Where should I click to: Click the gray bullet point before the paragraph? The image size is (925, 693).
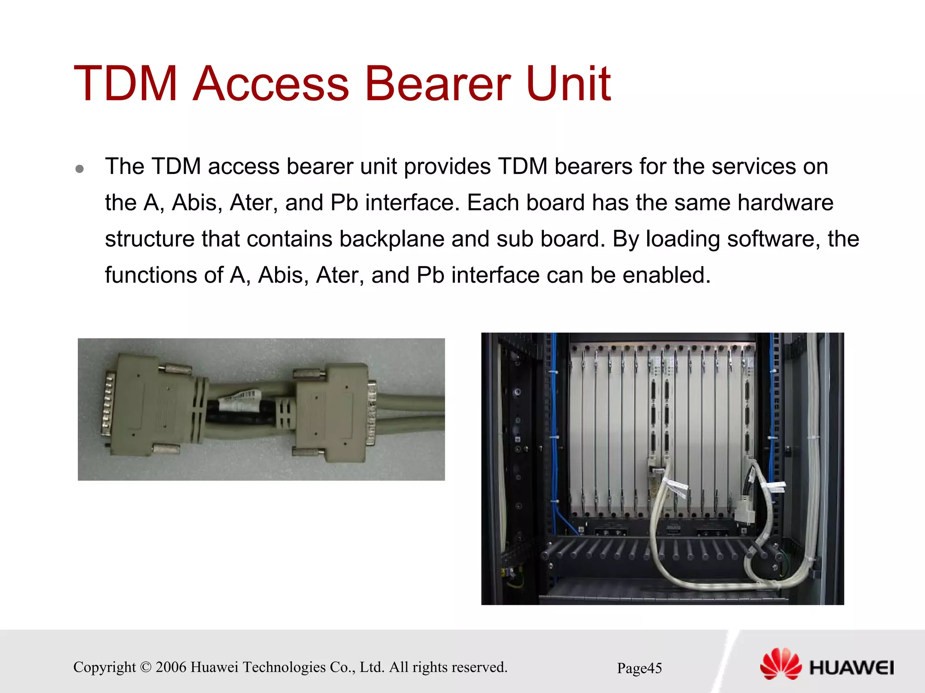tap(80, 169)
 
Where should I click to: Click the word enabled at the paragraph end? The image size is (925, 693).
tap(666, 275)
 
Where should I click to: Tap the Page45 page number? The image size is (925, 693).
tap(639, 668)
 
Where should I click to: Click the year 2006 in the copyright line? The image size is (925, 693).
tap(171, 667)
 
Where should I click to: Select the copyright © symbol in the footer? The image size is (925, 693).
tap(145, 667)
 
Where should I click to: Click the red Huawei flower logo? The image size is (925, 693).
tap(780, 664)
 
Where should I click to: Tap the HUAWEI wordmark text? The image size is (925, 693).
tap(851, 668)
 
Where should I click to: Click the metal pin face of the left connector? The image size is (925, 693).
tap(107, 404)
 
